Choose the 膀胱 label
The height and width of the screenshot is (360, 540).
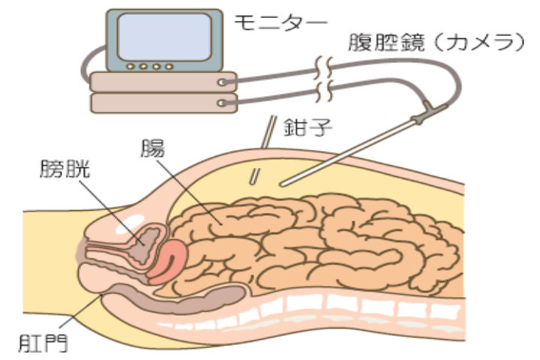(x=66, y=169)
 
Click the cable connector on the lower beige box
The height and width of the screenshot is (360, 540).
(x=223, y=100)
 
